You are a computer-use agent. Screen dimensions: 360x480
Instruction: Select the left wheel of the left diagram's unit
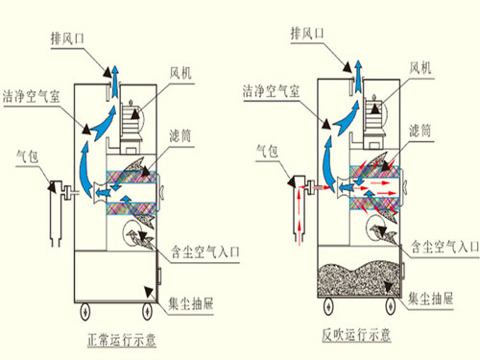tap(82, 310)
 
